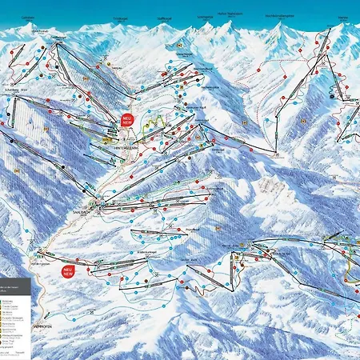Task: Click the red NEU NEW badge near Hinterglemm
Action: click(128, 120)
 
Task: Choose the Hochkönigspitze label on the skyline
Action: click(280, 15)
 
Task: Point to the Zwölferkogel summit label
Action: click(58, 37)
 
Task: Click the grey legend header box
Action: click(15, 282)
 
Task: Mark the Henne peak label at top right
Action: click(342, 15)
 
